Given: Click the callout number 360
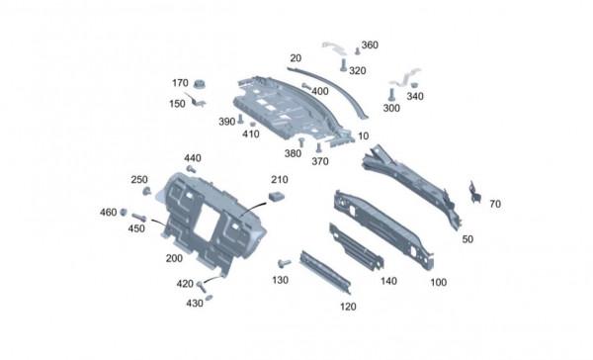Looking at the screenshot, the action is [x=370, y=45].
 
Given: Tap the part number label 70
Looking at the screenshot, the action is [x=495, y=204].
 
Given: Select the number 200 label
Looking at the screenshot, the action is [x=174, y=258].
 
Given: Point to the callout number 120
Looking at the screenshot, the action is [x=348, y=307].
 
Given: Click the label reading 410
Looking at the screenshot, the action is [x=251, y=134].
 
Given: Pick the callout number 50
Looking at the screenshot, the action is [x=467, y=239].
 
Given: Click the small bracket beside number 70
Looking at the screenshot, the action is [x=474, y=192].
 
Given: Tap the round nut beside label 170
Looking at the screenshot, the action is [x=198, y=84].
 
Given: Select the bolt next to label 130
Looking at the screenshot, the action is [x=284, y=263].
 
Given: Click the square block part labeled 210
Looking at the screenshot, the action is [x=277, y=196].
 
